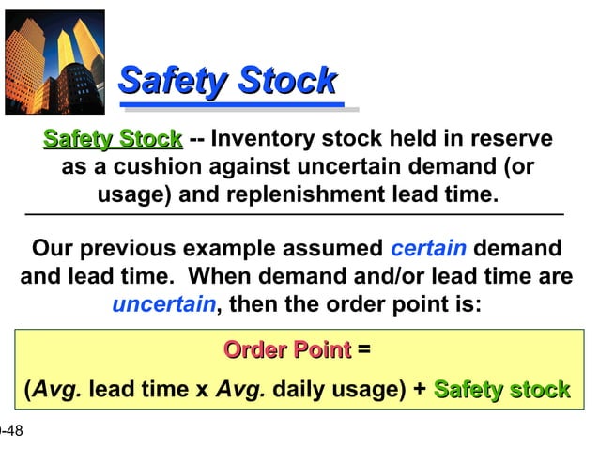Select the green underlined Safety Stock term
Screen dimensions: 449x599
click(x=113, y=141)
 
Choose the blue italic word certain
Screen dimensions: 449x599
click(x=428, y=249)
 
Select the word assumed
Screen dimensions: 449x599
click(x=328, y=249)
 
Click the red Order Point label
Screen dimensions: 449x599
click(x=286, y=350)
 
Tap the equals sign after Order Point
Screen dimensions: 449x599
click(x=364, y=350)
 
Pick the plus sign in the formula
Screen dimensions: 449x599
click(x=419, y=390)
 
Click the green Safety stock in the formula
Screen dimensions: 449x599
click(x=501, y=390)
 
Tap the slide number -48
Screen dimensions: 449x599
click(x=10, y=431)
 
